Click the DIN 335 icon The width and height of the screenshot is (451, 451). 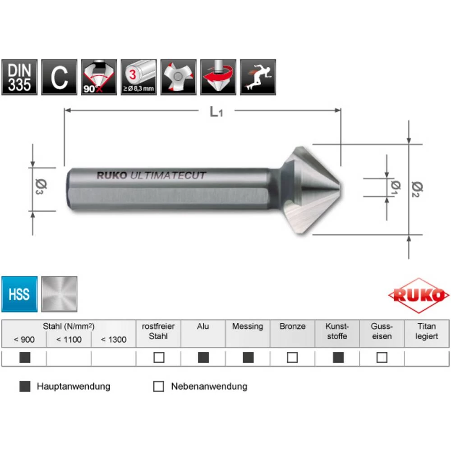point(19,77)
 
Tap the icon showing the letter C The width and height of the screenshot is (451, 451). point(59,77)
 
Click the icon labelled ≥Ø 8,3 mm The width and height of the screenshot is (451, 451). point(138,77)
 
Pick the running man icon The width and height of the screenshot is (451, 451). point(258,77)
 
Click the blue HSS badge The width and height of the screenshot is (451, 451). point(19,294)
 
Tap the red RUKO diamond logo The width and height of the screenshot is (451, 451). point(419,296)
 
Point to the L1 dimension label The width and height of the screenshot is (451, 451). point(216,112)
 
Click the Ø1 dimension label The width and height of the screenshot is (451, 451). point(396,187)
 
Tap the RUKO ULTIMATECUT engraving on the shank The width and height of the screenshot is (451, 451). point(151,176)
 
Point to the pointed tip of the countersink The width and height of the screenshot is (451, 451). point(339,187)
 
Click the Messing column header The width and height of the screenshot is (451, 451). point(248,327)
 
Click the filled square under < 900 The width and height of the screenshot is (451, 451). point(25,358)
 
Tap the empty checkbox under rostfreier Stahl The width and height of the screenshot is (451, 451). point(159,358)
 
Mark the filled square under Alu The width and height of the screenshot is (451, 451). point(203,358)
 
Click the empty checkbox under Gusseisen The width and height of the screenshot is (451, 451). point(382,358)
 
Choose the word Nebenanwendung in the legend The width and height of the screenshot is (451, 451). point(209,387)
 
